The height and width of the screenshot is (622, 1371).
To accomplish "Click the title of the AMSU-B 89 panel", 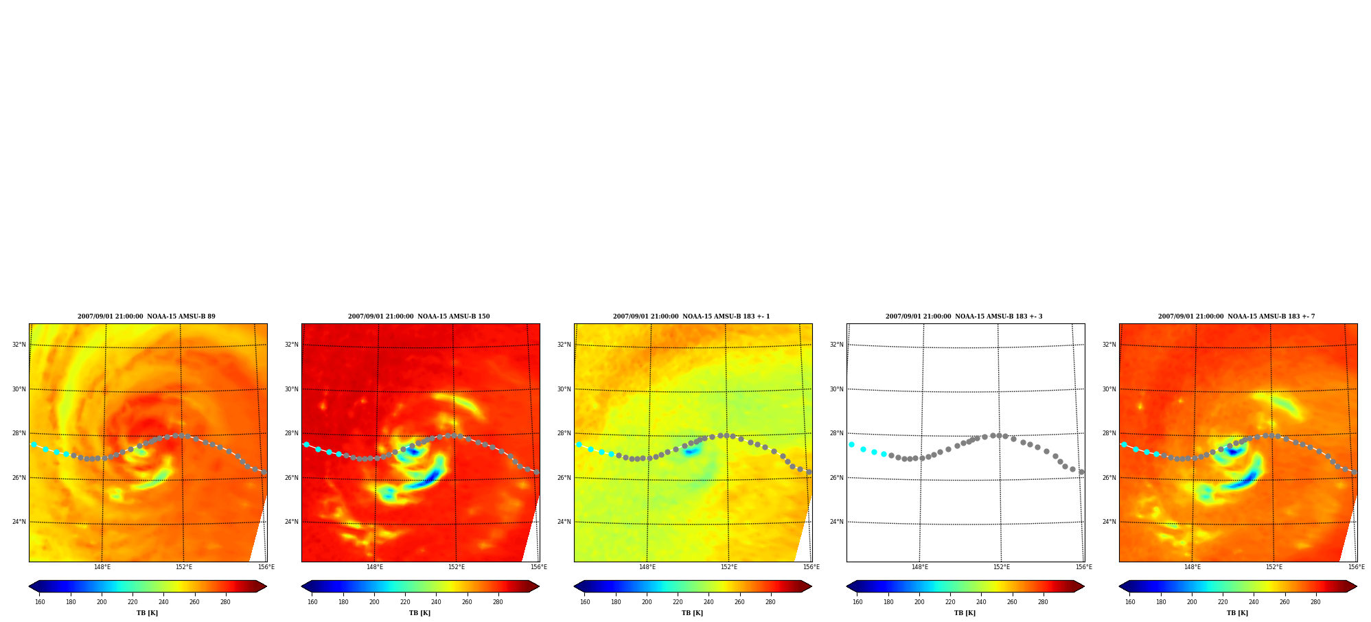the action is coord(146,316).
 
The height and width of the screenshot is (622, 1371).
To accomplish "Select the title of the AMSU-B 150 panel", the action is coord(419,316).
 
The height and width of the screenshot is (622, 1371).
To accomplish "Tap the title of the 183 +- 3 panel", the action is coord(964,316).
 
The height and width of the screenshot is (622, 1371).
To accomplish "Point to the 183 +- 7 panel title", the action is coord(1236,316).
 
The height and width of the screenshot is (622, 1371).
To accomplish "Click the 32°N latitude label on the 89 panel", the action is coord(19,345).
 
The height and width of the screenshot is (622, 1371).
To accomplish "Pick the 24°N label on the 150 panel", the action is coord(292,522).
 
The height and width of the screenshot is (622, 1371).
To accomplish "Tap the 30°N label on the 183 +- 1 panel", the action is coord(564,389).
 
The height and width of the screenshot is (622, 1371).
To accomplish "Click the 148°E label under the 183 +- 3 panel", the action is coord(920,567).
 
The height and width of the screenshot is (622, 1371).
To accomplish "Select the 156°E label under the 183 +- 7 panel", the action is coord(1357,567).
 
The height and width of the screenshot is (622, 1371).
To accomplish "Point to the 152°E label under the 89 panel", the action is coord(184,567).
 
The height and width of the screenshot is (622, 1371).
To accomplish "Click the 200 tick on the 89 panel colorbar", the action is coord(102,602).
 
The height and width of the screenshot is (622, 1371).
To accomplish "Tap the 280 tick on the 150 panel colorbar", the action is coord(498,602).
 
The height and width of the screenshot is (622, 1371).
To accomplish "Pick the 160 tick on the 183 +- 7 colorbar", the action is coord(1130,602).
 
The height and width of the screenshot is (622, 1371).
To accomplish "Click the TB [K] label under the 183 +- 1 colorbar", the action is coord(692,613).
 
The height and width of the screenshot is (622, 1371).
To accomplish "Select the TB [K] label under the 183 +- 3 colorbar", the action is coord(965,613).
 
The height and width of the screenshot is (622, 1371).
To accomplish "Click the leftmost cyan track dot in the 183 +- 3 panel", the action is coord(852,445).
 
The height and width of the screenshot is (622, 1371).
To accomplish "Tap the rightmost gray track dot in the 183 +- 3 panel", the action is coord(1081,472).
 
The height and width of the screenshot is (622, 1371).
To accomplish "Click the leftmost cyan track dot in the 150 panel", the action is coord(306,445).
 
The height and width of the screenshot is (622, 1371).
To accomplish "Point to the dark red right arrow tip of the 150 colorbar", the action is coord(538,586).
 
